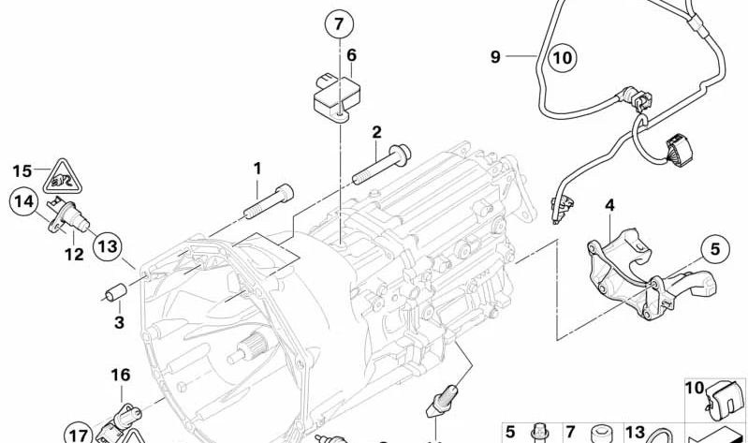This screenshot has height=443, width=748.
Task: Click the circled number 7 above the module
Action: (340, 24)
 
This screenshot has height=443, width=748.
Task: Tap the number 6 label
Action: (351, 55)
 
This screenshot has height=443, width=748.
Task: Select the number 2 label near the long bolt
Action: (376, 131)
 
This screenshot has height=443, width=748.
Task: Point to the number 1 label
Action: (256, 169)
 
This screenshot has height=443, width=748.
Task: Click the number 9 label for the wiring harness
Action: (495, 57)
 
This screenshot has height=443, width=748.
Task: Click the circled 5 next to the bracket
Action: (714, 249)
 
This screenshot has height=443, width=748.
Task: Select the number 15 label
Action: (22, 170)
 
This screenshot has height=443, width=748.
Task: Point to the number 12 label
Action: (74, 254)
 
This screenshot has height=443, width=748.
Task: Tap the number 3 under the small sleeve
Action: (118, 323)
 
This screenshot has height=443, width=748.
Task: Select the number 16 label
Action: (121, 376)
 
